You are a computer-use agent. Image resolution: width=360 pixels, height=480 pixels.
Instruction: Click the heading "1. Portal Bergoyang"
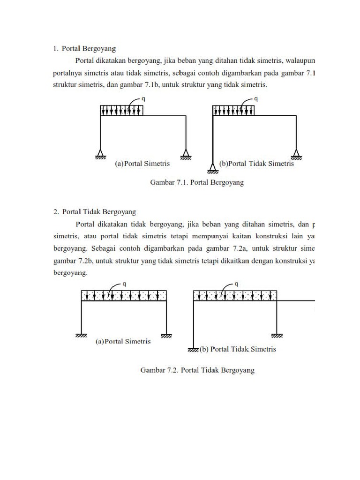84,48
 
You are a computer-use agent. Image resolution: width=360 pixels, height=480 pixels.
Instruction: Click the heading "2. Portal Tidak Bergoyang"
95,212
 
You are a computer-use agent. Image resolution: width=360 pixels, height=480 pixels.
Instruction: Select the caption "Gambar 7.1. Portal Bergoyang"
197,182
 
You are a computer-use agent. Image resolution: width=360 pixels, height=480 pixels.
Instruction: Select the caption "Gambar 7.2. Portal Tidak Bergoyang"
197,370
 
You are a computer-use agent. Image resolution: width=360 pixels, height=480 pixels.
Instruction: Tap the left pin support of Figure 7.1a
100,153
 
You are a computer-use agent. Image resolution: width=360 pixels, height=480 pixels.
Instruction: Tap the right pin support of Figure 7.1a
186,153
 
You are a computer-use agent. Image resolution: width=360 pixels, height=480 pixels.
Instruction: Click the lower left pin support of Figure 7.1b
213,167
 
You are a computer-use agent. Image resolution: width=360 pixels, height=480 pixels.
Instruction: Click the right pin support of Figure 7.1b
296,153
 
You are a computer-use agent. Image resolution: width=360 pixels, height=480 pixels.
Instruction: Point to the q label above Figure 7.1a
143,99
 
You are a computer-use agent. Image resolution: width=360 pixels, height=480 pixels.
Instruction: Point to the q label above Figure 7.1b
255,99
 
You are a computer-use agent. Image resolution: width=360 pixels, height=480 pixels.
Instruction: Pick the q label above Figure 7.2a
124,284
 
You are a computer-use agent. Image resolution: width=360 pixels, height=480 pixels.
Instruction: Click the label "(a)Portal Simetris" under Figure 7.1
142,164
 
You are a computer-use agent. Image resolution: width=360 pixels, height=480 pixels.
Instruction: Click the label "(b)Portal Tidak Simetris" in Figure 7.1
256,164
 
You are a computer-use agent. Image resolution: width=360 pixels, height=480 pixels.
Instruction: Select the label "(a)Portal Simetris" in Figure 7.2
123,341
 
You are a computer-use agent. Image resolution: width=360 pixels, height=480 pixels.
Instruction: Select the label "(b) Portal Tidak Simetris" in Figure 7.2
238,349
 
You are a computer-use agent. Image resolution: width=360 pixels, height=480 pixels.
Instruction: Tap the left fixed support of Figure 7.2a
81,335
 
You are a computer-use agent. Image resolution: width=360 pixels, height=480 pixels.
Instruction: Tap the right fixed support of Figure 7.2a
166,335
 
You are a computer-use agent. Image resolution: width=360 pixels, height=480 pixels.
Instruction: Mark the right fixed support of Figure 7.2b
277,335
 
